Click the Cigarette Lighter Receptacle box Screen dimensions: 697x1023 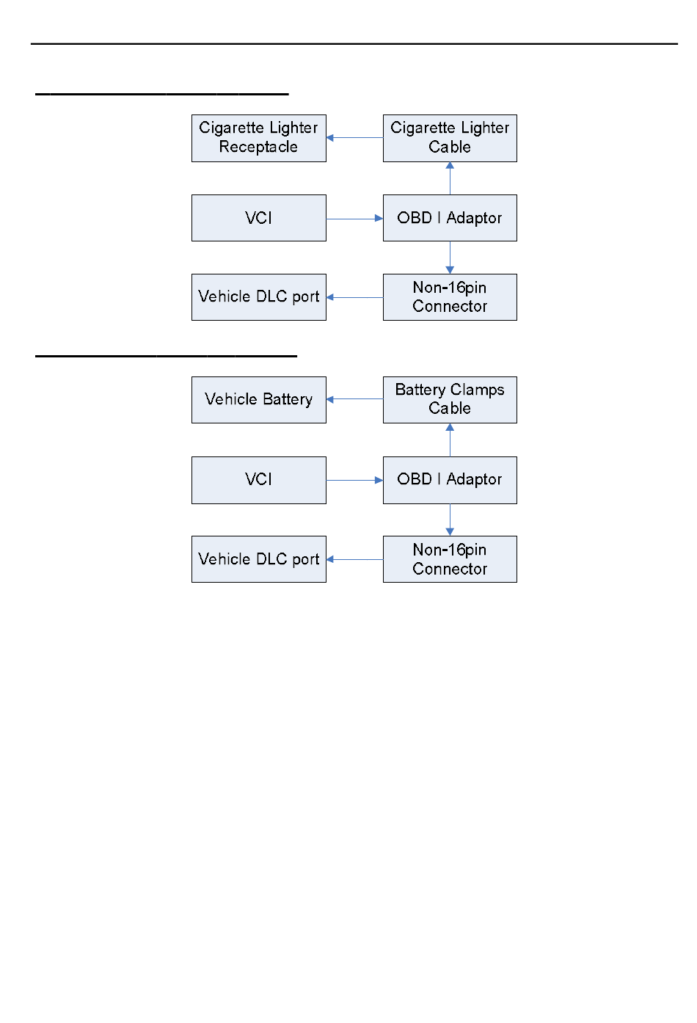pyautogui.click(x=258, y=138)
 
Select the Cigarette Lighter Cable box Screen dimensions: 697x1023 pyautogui.click(x=450, y=138)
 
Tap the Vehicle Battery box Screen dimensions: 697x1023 pyautogui.click(x=258, y=400)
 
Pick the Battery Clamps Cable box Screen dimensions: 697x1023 pyautogui.click(x=450, y=400)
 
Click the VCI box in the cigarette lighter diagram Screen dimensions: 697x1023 pyautogui.click(x=258, y=218)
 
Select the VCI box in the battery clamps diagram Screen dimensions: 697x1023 pyautogui.click(x=258, y=480)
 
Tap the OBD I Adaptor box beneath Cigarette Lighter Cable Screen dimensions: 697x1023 pyautogui.click(x=450, y=218)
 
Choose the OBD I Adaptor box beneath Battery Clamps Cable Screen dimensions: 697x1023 pyautogui.click(x=450, y=480)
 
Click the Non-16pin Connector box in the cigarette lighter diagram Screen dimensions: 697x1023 pyautogui.click(x=450, y=297)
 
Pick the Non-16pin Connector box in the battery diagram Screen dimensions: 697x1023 pyautogui.click(x=450, y=559)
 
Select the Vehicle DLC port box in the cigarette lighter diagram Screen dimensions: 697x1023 pyautogui.click(x=258, y=297)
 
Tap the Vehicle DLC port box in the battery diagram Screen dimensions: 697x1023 pyautogui.click(x=258, y=559)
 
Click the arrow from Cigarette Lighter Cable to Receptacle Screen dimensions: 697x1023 pyautogui.click(x=354, y=137)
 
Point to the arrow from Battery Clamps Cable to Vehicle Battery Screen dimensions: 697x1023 pyautogui.click(x=354, y=399)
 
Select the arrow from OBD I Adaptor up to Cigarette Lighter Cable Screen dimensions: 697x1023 pyautogui.click(x=450, y=178)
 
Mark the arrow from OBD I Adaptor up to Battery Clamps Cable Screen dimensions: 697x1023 pyautogui.click(x=450, y=440)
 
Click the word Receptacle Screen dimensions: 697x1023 pyautogui.click(x=258, y=147)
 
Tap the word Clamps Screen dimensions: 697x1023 pyautogui.click(x=477, y=390)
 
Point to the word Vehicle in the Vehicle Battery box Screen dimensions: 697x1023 pyautogui.click(x=231, y=399)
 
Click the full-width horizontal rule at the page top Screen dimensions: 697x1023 pyautogui.click(x=354, y=44)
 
